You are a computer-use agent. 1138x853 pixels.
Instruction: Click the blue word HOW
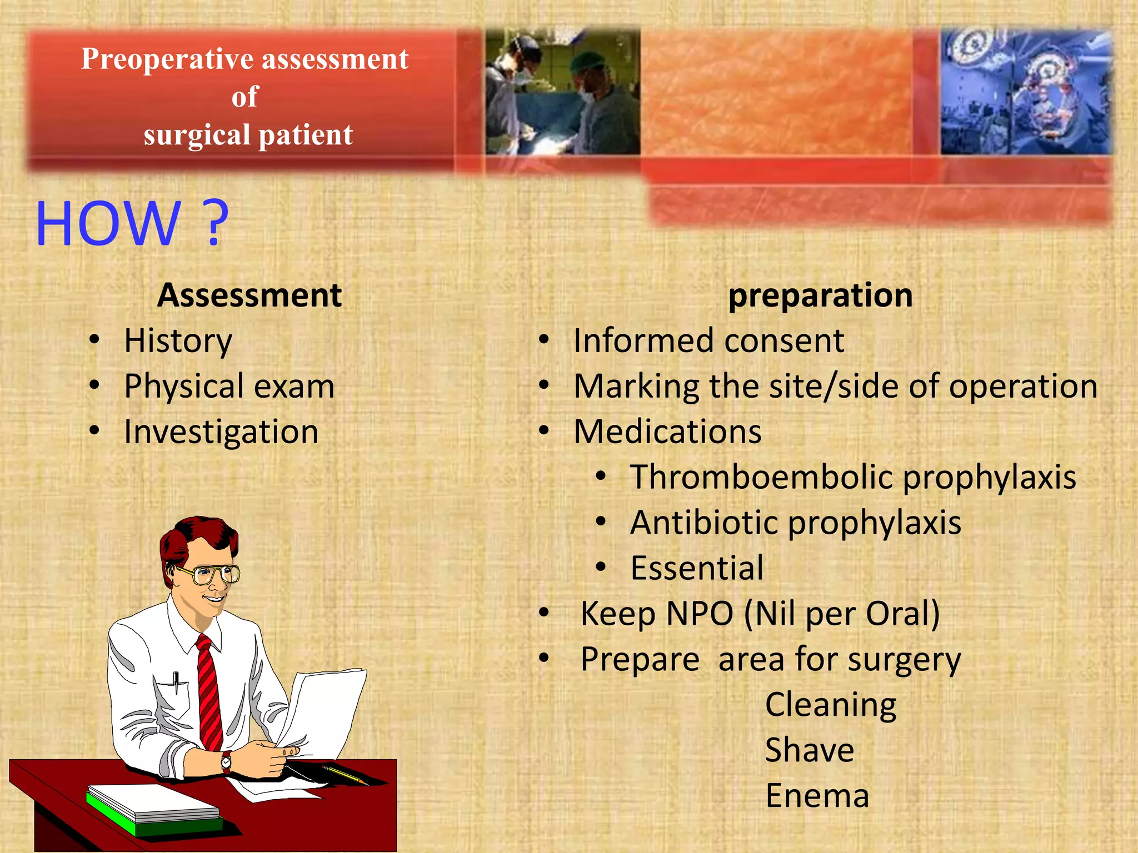108,223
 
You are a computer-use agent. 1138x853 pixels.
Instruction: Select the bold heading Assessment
249,295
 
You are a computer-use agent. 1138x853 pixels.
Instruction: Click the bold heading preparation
820,295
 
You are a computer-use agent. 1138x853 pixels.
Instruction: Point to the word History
178,341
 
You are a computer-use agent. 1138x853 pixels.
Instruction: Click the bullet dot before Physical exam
95,384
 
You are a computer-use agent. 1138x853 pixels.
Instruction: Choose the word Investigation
221,432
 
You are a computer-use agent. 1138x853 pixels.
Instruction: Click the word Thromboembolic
761,478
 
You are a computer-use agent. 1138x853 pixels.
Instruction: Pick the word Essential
697,569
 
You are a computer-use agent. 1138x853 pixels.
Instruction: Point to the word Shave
809,750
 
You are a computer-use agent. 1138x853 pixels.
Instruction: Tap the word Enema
817,796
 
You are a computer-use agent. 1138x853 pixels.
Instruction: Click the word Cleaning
830,705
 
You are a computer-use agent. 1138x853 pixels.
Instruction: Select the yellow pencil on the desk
345,774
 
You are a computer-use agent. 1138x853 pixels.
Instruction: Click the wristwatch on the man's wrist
226,762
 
